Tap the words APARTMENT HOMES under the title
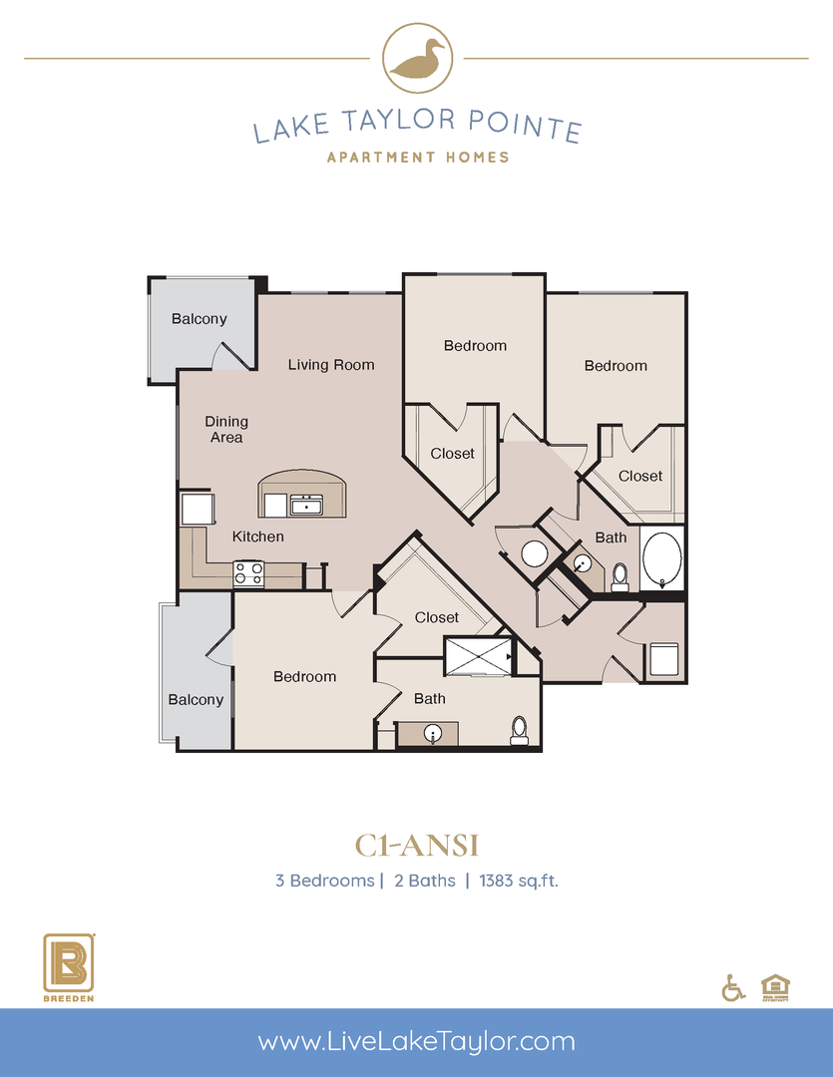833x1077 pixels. (x=417, y=157)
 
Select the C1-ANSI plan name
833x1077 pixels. (x=417, y=846)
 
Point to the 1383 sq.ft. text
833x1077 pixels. (x=518, y=881)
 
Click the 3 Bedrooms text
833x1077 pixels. (x=324, y=881)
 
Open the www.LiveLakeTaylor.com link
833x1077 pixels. (x=416, y=1042)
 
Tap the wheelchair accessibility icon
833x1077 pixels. (x=733, y=987)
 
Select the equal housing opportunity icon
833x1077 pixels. (x=774, y=985)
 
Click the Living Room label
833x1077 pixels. (x=331, y=365)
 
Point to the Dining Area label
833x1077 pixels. (x=226, y=429)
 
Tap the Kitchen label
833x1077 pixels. (x=258, y=537)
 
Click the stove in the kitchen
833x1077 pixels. (x=248, y=573)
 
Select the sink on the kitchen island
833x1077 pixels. (x=306, y=505)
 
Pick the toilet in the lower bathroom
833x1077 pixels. (x=519, y=730)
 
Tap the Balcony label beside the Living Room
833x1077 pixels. (x=200, y=319)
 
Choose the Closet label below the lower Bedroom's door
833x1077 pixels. (x=437, y=617)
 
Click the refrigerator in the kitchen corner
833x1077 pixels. (x=196, y=509)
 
